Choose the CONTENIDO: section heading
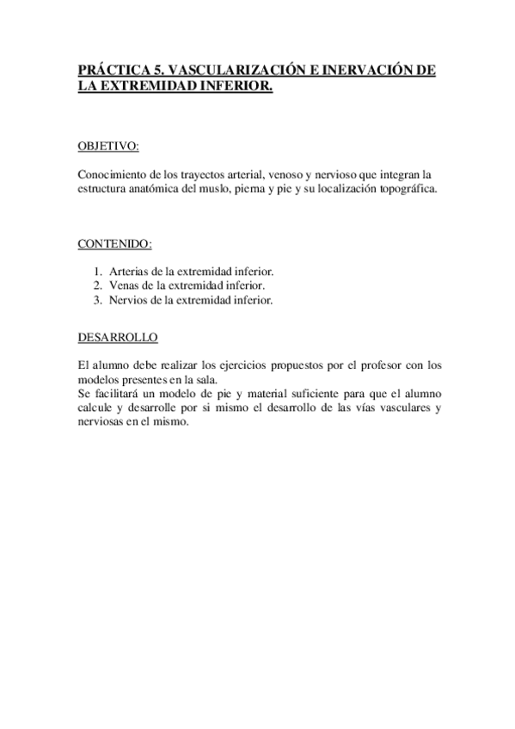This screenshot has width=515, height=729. [114, 243]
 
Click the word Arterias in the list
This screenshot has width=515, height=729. [126, 271]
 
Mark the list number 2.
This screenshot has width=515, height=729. [98, 285]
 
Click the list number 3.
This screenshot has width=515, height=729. [98, 299]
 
